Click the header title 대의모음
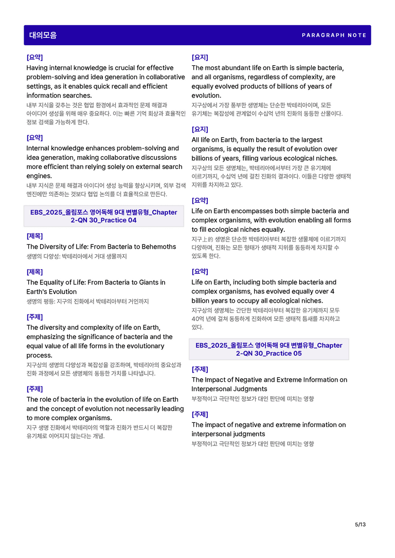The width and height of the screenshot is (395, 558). pyautogui.click(x=43, y=35)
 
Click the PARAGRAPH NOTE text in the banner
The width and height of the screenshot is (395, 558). pyautogui.click(x=334, y=35)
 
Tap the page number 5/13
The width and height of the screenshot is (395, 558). pyautogui.click(x=360, y=525)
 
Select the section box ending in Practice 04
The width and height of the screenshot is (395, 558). pyautogui.click(x=103, y=216)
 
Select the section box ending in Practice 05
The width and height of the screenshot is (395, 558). pyautogui.click(x=268, y=349)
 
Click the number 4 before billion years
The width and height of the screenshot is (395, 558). pyautogui.click(x=332, y=291)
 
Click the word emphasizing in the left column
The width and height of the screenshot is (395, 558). pyautogui.click(x=45, y=337)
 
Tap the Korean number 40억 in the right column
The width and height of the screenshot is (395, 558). pyautogui.click(x=199, y=319)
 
